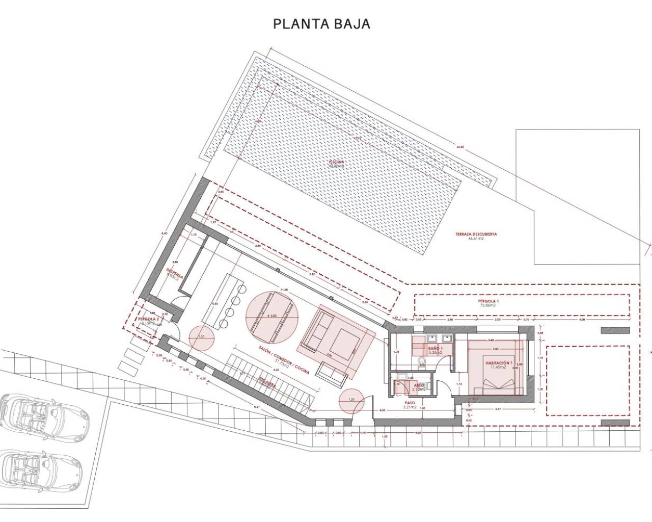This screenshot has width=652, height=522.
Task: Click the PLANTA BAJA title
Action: point(321,24)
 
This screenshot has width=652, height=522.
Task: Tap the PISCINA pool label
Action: point(336,162)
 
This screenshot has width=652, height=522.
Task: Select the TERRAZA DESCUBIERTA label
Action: point(475,234)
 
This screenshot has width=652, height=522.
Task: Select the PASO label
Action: point(410,403)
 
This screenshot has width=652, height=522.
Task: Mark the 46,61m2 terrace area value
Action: point(475,239)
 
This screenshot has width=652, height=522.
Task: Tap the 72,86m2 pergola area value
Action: point(488,306)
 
